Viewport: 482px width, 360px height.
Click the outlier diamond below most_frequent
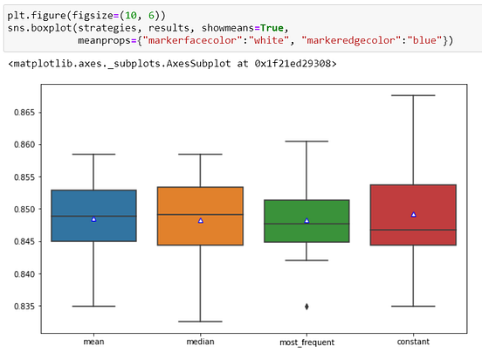pyautogui.click(x=306, y=306)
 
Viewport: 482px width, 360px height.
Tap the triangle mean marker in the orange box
pyautogui.click(x=200, y=221)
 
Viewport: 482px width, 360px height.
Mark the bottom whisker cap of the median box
pyautogui.click(x=200, y=322)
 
